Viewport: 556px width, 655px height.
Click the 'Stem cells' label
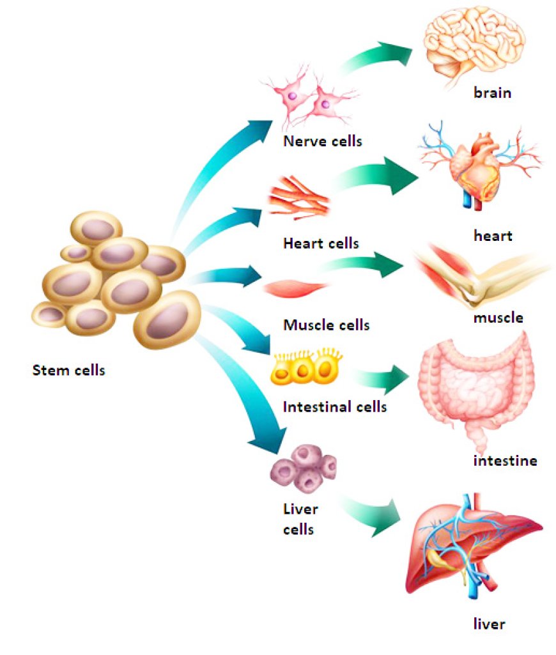point(68,369)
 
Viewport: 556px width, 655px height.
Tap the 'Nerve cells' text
point(322,141)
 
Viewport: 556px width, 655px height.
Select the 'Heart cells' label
point(320,243)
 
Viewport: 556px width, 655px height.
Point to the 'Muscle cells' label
point(326,325)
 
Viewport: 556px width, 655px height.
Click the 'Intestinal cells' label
point(334,406)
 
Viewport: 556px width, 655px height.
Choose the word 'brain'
point(492,93)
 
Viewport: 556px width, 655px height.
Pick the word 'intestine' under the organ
point(505,460)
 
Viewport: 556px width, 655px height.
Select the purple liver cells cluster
point(303,470)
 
